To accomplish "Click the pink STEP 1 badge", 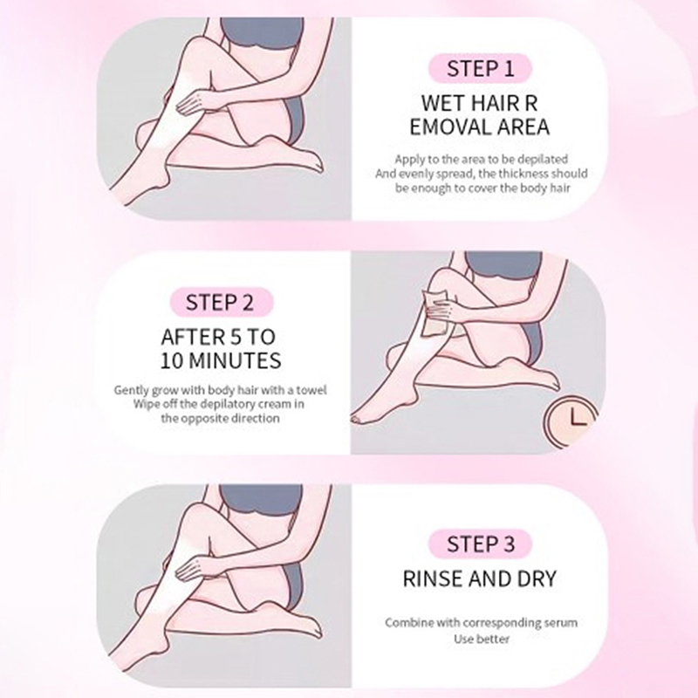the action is click(481, 69).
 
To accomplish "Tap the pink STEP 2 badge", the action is click(220, 302).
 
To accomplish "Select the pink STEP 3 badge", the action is click(481, 544).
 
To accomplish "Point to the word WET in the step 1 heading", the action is click(443, 103).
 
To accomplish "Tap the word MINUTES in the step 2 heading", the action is click(235, 360).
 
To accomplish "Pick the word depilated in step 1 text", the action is click(543, 160).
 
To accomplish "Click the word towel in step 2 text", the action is click(311, 390).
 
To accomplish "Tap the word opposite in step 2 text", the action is click(202, 419).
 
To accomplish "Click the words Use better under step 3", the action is click(482, 640).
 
